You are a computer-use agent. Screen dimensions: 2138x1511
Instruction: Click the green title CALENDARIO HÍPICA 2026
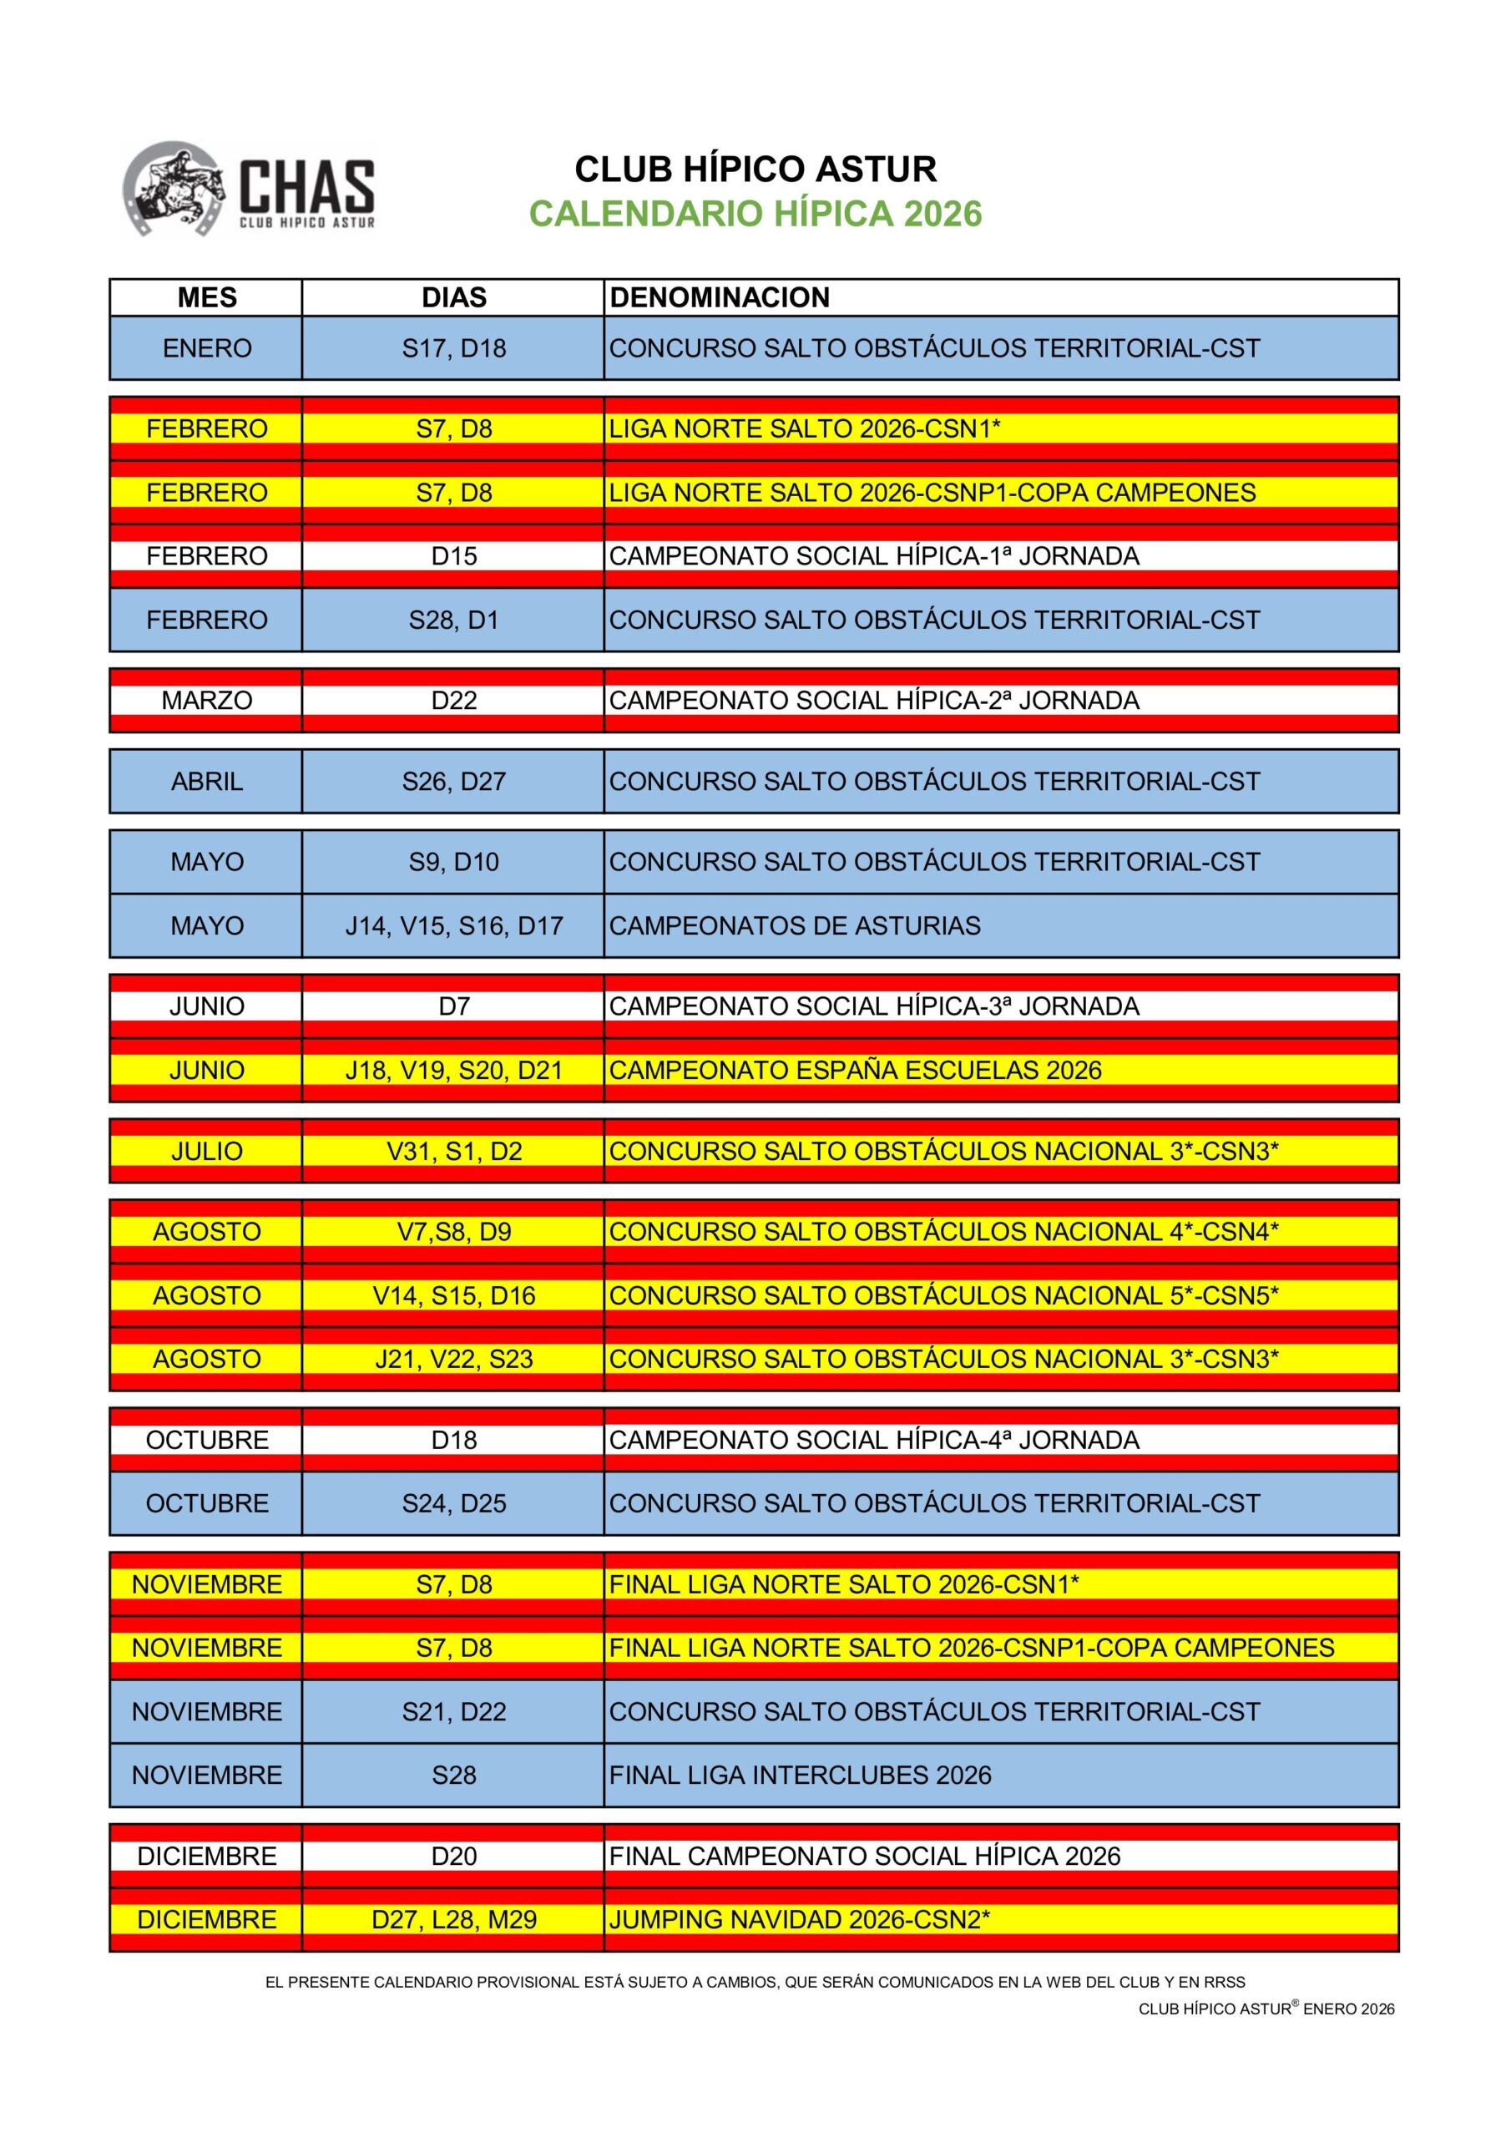(x=755, y=214)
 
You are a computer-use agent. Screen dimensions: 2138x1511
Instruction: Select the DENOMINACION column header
(x=719, y=298)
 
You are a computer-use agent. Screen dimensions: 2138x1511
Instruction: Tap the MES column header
(x=207, y=298)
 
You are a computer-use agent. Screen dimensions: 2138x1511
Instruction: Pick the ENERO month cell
(x=207, y=348)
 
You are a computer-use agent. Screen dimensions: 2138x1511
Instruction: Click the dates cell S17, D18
(x=453, y=348)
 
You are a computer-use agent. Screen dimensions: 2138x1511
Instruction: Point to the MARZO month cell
(x=207, y=700)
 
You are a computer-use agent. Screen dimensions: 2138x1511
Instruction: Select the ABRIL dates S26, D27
(x=453, y=781)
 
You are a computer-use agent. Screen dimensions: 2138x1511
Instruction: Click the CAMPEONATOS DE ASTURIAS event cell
(x=794, y=925)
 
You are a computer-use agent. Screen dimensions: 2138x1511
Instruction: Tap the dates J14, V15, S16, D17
(x=453, y=925)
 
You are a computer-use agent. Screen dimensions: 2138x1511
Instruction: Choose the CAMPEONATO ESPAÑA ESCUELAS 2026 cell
(x=855, y=1070)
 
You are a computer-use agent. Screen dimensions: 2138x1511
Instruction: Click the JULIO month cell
(x=207, y=1151)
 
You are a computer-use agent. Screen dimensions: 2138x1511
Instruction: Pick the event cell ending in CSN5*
(x=943, y=1295)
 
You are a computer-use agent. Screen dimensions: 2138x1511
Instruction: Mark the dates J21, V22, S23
(x=453, y=1359)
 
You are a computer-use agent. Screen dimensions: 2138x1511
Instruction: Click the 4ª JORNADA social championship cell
(x=873, y=1440)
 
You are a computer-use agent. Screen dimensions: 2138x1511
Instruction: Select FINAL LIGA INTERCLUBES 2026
(x=800, y=1775)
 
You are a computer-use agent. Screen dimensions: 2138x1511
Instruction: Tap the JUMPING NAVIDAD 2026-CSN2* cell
(x=799, y=1919)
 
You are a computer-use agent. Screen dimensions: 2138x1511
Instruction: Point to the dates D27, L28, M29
(x=453, y=1919)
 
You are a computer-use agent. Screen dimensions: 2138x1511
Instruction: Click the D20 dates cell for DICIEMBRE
(x=453, y=1856)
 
